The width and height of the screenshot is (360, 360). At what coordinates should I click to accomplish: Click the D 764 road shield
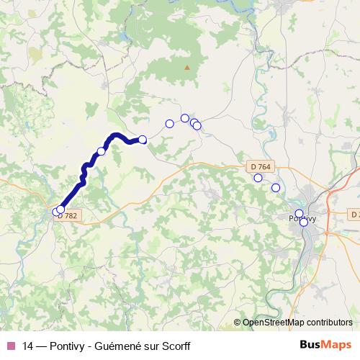point(262,167)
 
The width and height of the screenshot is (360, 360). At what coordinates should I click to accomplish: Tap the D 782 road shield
point(67,216)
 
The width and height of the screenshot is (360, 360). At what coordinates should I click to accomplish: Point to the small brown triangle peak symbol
point(187,68)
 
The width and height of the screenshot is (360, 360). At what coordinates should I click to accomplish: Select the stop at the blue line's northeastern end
point(143,140)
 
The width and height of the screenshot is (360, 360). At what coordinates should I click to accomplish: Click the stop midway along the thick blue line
point(102,151)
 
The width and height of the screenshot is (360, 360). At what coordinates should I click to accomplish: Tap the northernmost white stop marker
point(185,118)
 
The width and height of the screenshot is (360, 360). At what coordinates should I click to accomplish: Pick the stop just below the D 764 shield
point(258,178)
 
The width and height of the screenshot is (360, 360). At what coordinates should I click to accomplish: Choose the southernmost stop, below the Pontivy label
point(304,222)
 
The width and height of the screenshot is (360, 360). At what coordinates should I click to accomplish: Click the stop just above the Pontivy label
point(300,213)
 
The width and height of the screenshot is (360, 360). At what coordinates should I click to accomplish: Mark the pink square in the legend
point(10,346)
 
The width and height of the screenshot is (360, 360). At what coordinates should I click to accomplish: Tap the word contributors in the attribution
point(328,323)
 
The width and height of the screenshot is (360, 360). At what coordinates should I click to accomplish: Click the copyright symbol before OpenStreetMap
point(238,323)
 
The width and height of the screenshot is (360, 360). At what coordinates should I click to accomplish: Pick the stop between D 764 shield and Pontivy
point(276,188)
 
